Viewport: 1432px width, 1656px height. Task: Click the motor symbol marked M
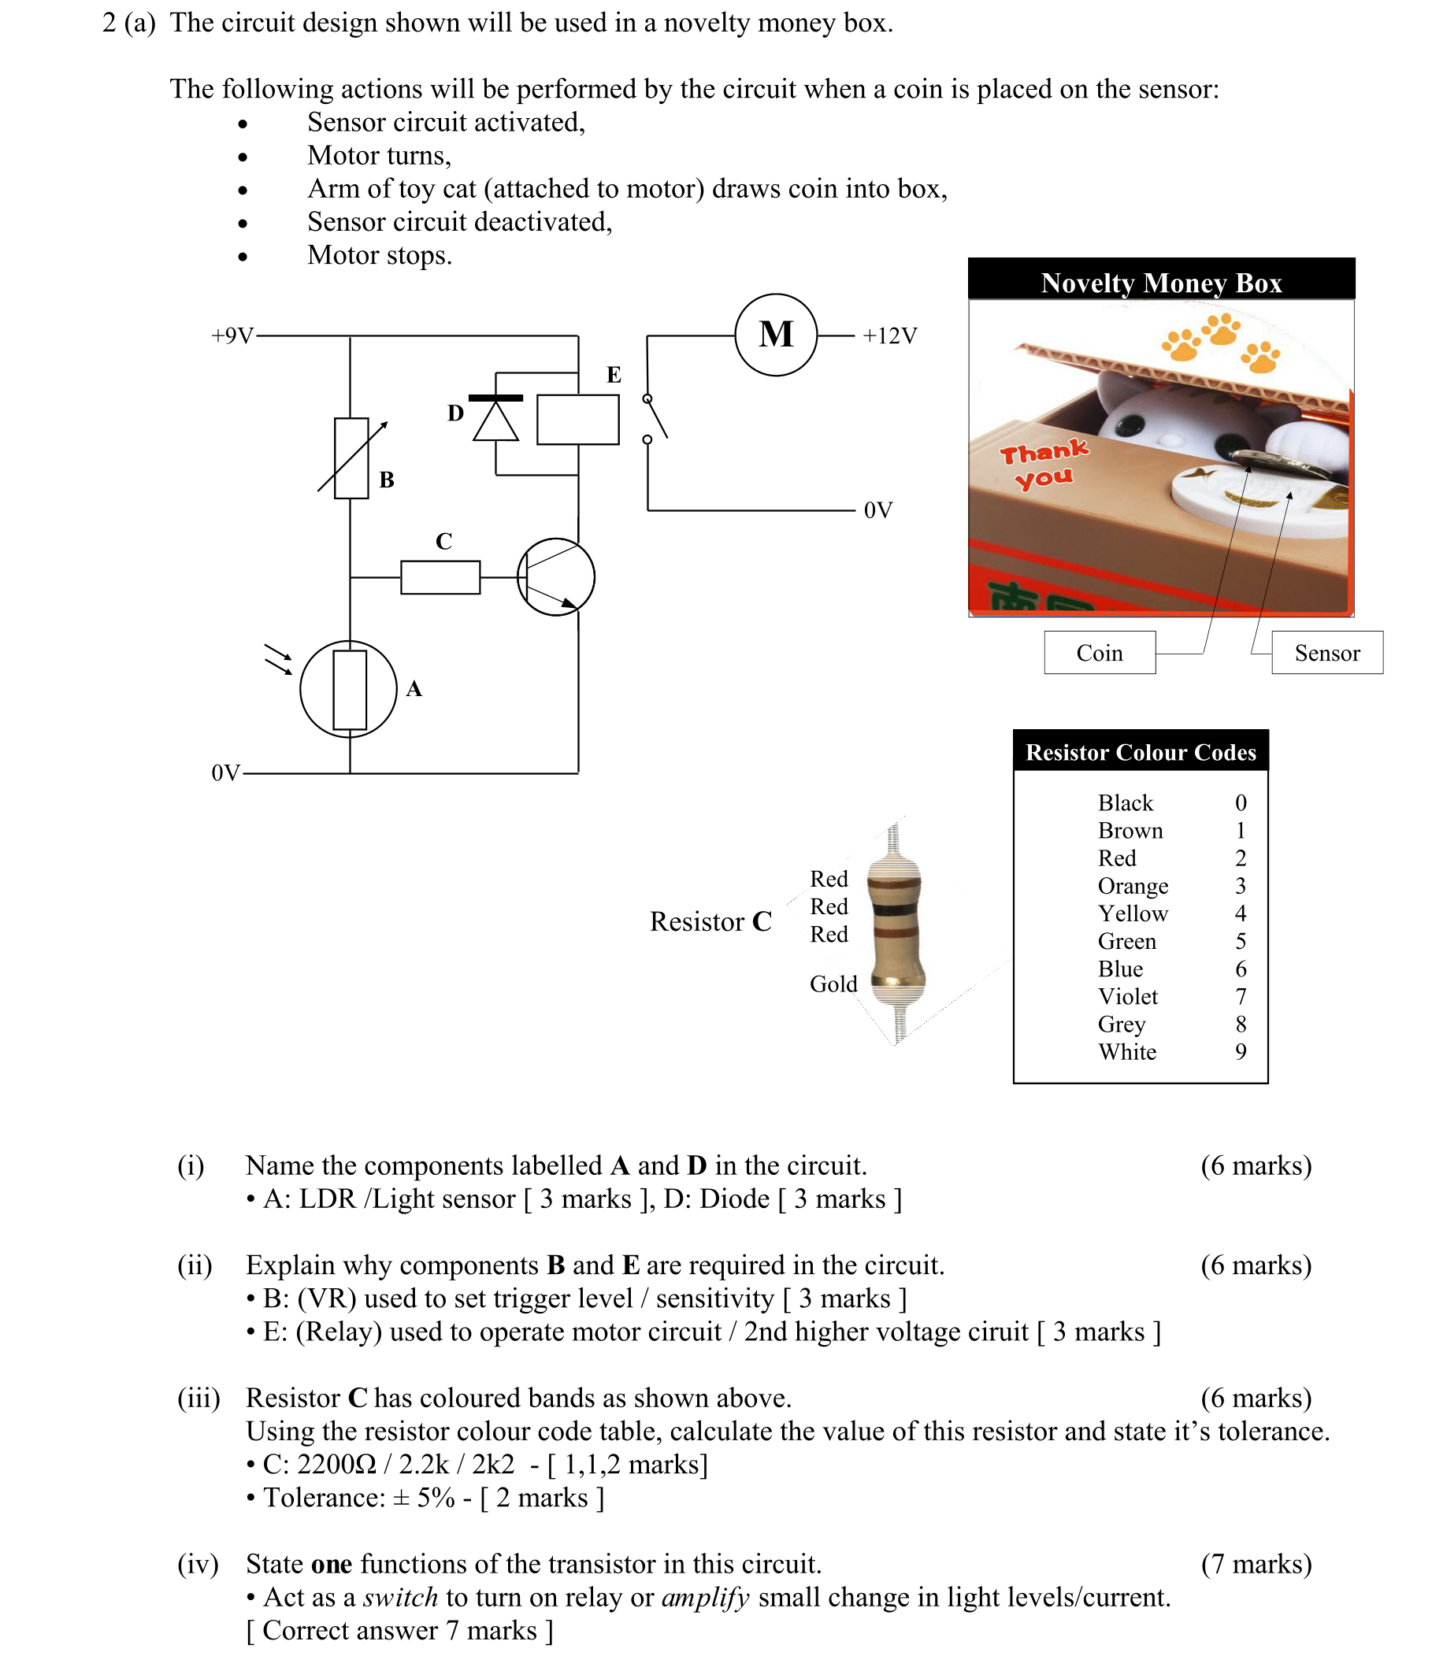775,335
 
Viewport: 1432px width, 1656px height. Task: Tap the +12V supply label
889,335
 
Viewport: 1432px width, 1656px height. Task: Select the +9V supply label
232,335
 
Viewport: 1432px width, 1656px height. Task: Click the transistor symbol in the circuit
555,577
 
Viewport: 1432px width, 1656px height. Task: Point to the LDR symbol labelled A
349,689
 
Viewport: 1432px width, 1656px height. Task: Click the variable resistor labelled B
351,458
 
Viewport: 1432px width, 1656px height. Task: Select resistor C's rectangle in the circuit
440,577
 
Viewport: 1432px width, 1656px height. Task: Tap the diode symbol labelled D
495,420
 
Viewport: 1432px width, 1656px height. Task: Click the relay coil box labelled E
577,420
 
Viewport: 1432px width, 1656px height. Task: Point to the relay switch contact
655,418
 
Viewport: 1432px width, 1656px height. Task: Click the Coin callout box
1099,653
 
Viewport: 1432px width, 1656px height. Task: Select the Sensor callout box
1326,653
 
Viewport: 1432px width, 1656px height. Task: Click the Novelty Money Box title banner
1160,282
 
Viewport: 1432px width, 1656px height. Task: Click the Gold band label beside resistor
833,984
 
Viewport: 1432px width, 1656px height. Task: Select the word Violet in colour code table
1126,997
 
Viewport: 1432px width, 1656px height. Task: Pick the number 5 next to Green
1240,942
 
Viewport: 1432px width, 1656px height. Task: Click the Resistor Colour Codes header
1140,752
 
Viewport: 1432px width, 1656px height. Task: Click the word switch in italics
400,1597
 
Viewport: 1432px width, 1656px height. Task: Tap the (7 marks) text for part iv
1256,1563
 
